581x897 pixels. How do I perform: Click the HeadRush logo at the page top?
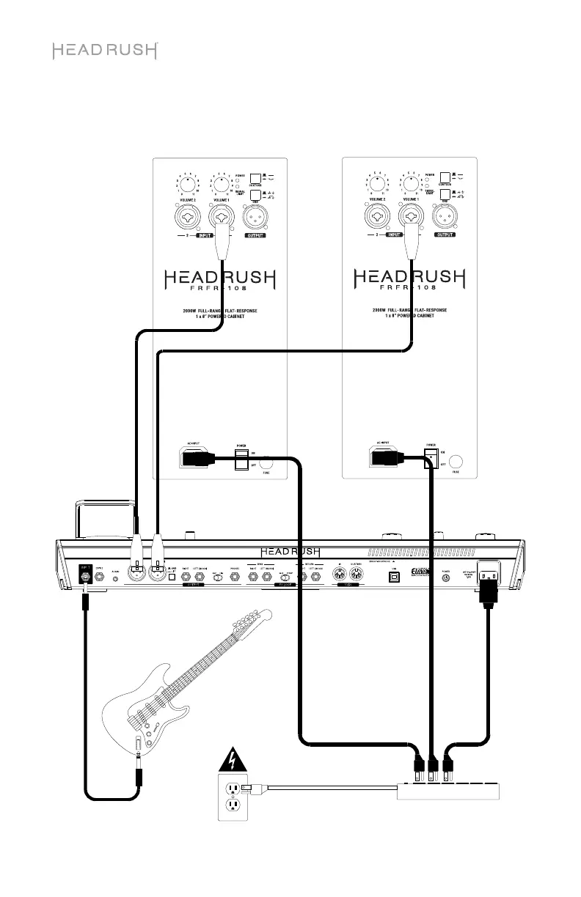105,51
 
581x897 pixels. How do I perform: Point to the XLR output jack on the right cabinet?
445,218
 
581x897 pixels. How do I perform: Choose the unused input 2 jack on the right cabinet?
380,218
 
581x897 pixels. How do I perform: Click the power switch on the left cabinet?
241,460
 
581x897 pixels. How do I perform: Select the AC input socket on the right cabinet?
384,458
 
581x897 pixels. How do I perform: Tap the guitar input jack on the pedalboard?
87,577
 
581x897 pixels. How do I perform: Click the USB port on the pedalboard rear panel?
394,577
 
